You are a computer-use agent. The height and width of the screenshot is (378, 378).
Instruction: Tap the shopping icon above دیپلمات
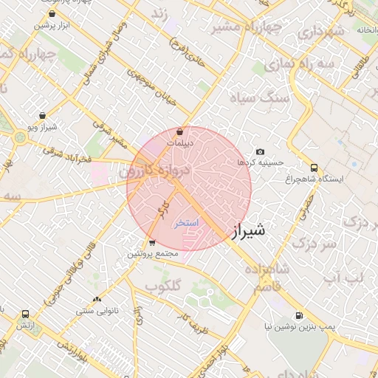tap(181, 131)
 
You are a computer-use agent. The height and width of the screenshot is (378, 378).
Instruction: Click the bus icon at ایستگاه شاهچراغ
tap(315, 168)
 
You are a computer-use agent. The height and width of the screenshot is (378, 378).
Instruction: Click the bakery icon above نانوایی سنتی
tap(97, 299)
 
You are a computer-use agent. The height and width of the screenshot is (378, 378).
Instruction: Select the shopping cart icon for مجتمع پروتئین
tap(151, 242)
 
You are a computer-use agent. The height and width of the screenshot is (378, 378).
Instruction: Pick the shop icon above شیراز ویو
tap(43, 115)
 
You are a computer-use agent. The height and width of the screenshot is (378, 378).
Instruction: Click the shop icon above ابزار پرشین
tap(51, 13)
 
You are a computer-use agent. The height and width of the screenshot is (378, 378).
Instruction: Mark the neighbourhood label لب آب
tap(343, 277)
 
